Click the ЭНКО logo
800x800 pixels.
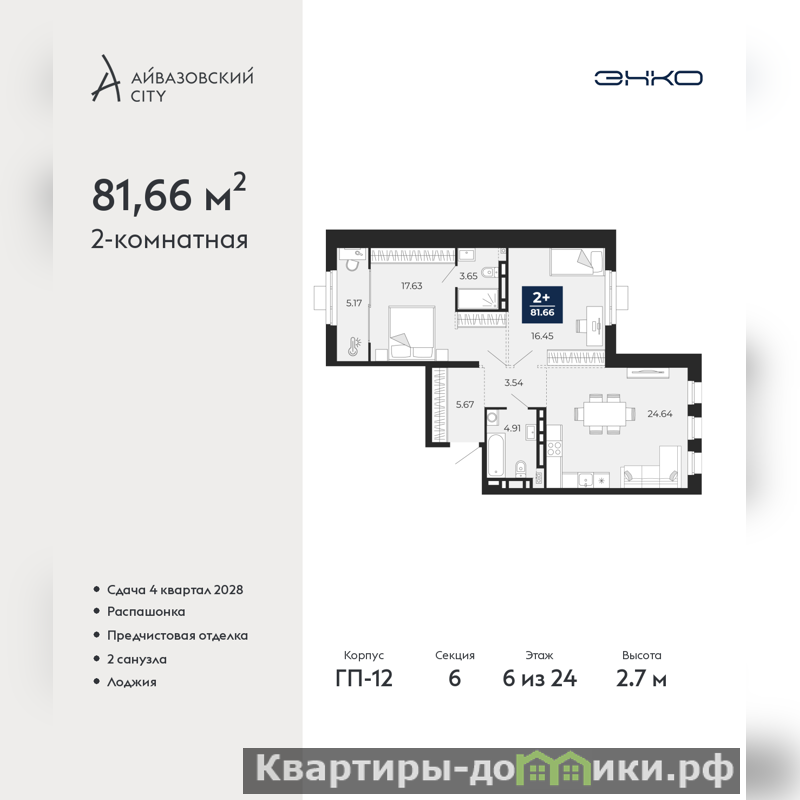pyautogui.click(x=648, y=78)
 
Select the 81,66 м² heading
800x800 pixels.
pyautogui.click(x=169, y=194)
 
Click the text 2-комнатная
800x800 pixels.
pyautogui.click(x=169, y=240)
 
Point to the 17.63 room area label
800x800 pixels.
pyautogui.click(x=412, y=286)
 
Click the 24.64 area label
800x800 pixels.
pyautogui.click(x=660, y=414)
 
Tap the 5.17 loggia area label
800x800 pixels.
pyautogui.click(x=354, y=303)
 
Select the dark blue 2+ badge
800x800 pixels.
pyautogui.click(x=542, y=305)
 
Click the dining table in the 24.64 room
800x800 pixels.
pyautogui.click(x=605, y=414)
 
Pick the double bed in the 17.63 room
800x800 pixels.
pyautogui.click(x=412, y=333)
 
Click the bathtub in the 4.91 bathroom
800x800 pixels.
pyautogui.click(x=495, y=455)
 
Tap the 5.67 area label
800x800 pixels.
pyautogui.click(x=465, y=405)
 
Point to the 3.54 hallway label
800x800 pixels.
pyautogui.click(x=514, y=383)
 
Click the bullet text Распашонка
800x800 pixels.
pyautogui.click(x=146, y=612)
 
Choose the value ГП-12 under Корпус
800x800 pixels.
pyautogui.click(x=364, y=679)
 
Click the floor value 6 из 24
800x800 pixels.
pyautogui.click(x=539, y=679)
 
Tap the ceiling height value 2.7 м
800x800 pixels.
pyautogui.click(x=641, y=679)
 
